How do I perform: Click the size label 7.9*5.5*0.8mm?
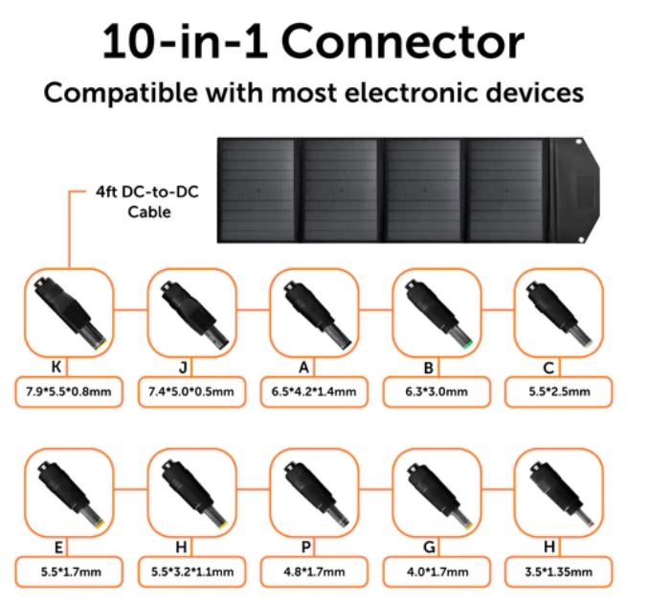tap(69, 392)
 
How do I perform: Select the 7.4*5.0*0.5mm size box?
tap(191, 392)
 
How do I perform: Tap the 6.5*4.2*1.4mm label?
tap(314, 392)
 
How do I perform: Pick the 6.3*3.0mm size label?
tap(436, 392)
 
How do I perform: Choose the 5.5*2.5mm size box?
tap(559, 392)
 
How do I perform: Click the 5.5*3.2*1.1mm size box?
tap(191, 571)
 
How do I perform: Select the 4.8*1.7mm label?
tap(314, 571)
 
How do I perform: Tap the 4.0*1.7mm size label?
tap(436, 571)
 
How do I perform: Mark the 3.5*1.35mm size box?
tap(559, 571)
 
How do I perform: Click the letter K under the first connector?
tap(56, 367)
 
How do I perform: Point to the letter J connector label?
tap(183, 367)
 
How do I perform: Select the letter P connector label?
tap(305, 547)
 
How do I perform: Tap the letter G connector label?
tap(429, 547)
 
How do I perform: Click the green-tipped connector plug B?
tap(438, 314)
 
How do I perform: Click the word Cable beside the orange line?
tap(149, 212)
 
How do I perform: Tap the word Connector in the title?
tap(403, 42)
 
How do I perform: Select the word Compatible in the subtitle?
tap(121, 93)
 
